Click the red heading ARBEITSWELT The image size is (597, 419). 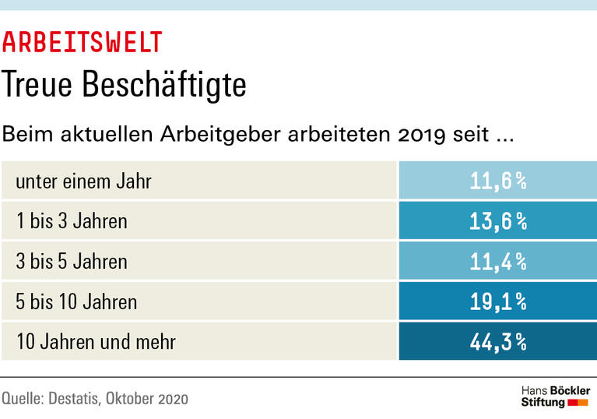click(83, 41)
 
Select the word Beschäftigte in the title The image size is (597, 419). click(175, 85)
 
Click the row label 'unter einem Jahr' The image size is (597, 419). click(83, 182)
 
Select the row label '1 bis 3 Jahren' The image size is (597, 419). click(72, 221)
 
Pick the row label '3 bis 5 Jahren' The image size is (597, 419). click(72, 261)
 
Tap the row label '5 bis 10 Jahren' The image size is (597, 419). click(76, 301)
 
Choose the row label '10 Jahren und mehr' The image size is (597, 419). click(96, 341)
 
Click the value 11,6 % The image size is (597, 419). click(498, 181)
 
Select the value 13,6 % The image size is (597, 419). click(498, 221)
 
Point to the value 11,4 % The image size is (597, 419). click(498, 261)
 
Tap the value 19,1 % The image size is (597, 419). click(498, 301)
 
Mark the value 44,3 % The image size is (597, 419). click(498, 341)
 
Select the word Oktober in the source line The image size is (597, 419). click(131, 399)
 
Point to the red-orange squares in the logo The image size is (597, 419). click(578, 403)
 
